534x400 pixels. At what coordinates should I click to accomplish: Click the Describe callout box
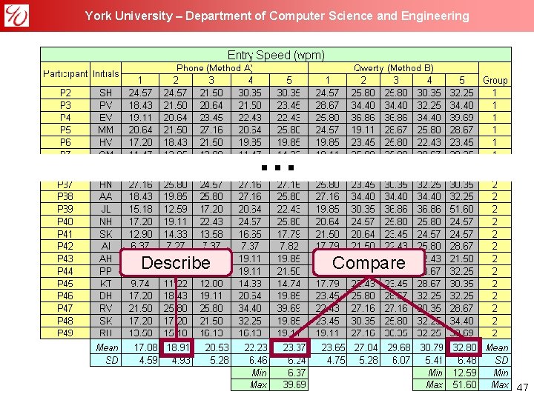point(176,263)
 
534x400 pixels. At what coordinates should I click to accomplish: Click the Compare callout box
point(369,263)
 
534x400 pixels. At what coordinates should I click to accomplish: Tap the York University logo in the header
point(16,15)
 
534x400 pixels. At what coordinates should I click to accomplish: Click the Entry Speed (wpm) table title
point(276,55)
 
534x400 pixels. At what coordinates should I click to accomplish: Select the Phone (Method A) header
point(214,68)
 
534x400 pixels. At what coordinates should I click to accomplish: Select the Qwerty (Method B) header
point(394,68)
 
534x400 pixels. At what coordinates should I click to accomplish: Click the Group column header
point(495,80)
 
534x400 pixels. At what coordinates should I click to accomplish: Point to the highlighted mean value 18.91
point(177,347)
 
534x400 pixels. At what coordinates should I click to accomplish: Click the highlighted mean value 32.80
point(464,347)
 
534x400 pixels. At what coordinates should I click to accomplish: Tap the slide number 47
point(522,387)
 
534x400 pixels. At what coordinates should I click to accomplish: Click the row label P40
point(65,221)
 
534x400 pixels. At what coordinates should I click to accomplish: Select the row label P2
point(65,93)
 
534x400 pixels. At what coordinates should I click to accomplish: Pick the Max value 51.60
point(464,384)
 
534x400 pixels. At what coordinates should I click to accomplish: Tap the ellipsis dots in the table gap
point(275,168)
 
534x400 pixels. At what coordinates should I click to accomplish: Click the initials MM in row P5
point(105,129)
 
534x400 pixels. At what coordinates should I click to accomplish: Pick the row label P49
point(65,333)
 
